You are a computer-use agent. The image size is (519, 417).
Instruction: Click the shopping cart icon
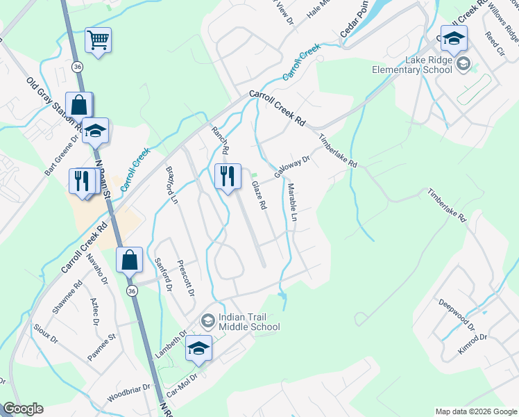coord(98,40)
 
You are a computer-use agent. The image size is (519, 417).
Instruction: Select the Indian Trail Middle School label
coord(248,322)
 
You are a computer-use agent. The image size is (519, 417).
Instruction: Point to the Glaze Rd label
coord(259,195)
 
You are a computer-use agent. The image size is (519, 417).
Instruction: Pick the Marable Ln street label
coord(293,203)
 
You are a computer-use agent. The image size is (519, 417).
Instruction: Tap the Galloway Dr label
coord(291,167)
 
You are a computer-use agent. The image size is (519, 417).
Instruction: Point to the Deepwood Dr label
coord(456,314)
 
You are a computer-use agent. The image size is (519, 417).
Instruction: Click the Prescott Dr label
coord(185,276)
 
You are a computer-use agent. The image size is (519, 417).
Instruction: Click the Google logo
coord(23,409)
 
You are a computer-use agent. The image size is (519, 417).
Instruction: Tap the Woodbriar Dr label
coord(128,394)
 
